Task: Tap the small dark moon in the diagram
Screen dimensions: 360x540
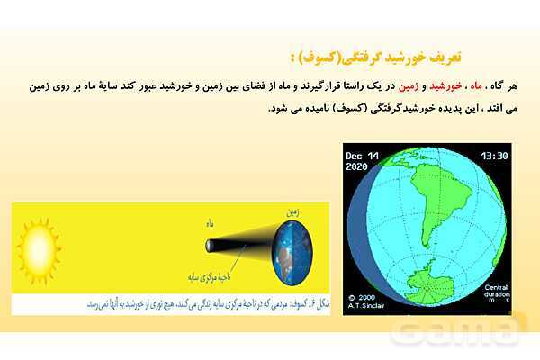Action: coord(211,245)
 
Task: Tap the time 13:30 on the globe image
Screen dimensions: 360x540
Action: coord(494,155)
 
